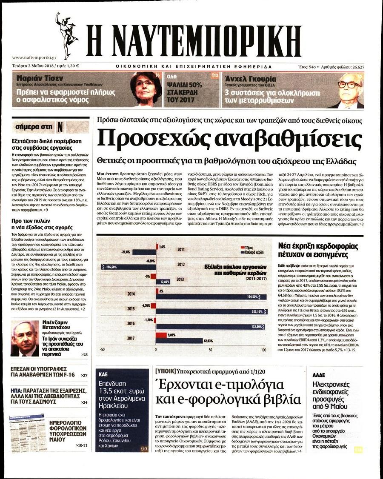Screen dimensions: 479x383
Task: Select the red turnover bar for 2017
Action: coord(161,335)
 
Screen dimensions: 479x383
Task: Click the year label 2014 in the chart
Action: coord(131,294)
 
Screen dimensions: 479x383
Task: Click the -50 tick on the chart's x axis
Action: coord(102,350)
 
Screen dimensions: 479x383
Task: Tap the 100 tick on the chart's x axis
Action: coord(264,350)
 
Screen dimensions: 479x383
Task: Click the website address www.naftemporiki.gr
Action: coord(34,57)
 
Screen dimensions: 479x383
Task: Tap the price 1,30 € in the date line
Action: coord(74,66)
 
